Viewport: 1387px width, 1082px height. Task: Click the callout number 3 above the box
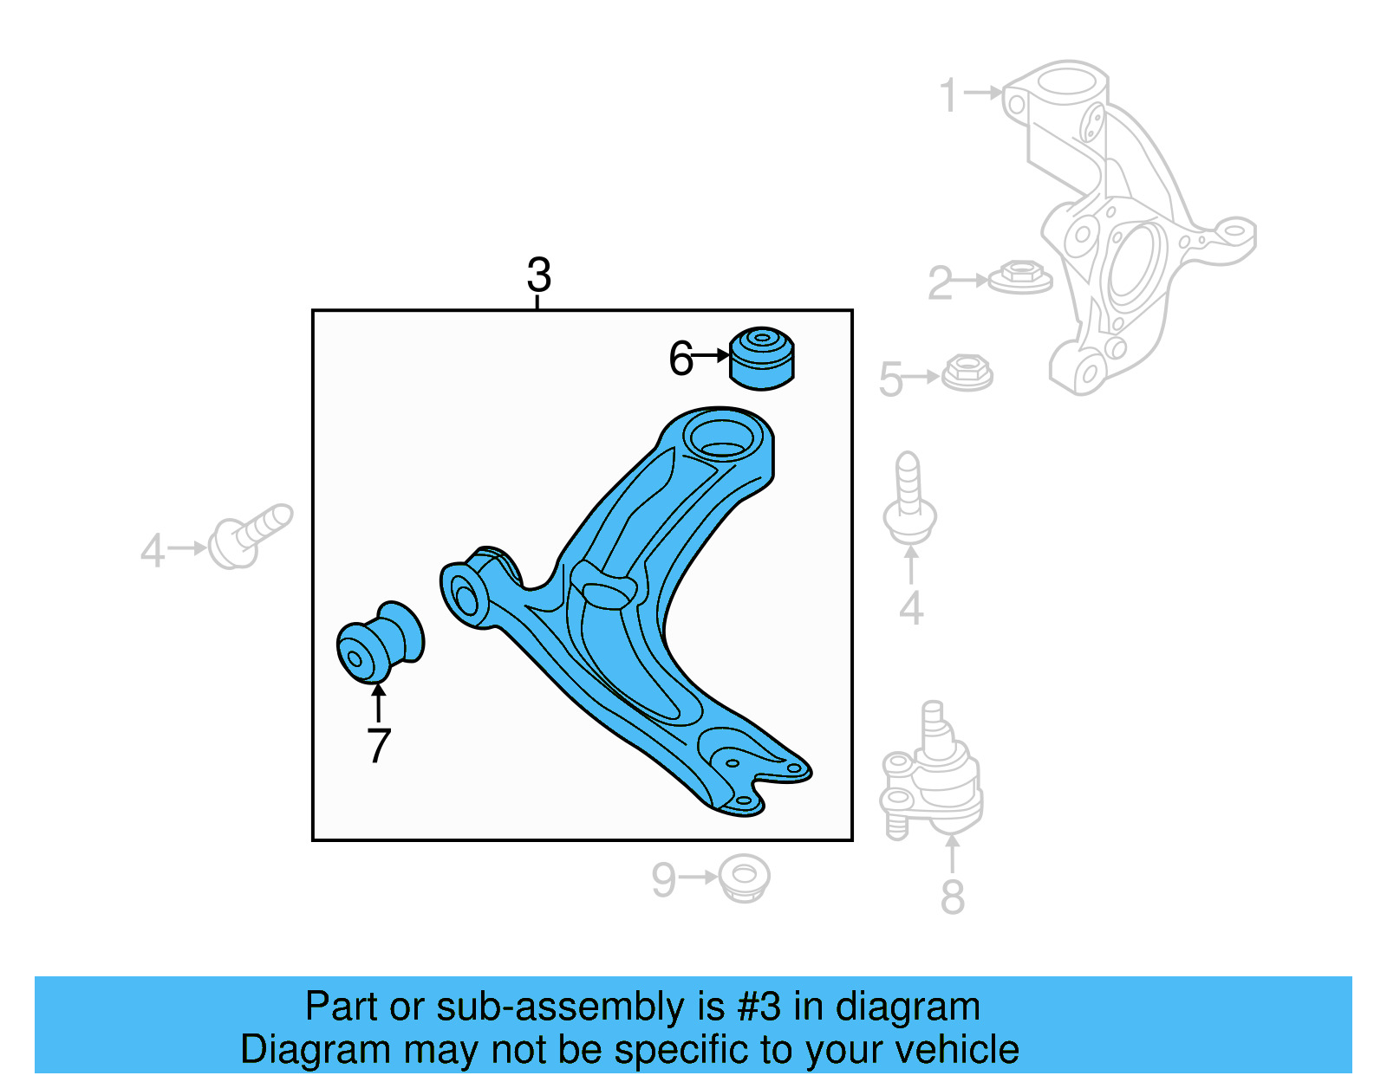point(538,275)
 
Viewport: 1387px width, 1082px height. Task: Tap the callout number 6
point(680,358)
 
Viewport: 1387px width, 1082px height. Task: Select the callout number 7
point(379,745)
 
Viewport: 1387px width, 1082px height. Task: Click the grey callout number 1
point(948,94)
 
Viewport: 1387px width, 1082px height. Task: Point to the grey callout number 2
point(939,283)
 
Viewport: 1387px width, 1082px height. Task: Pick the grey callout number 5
point(890,379)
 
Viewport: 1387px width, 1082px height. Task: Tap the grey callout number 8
point(952,897)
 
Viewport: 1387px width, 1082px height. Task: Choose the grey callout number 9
point(663,880)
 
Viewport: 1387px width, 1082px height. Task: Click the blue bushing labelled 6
point(762,358)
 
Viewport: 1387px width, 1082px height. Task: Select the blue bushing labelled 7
point(380,643)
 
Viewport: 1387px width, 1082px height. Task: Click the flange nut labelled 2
point(1021,277)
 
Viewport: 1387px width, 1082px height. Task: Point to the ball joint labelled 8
point(932,775)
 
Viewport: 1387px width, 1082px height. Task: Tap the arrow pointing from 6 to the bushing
point(712,355)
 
